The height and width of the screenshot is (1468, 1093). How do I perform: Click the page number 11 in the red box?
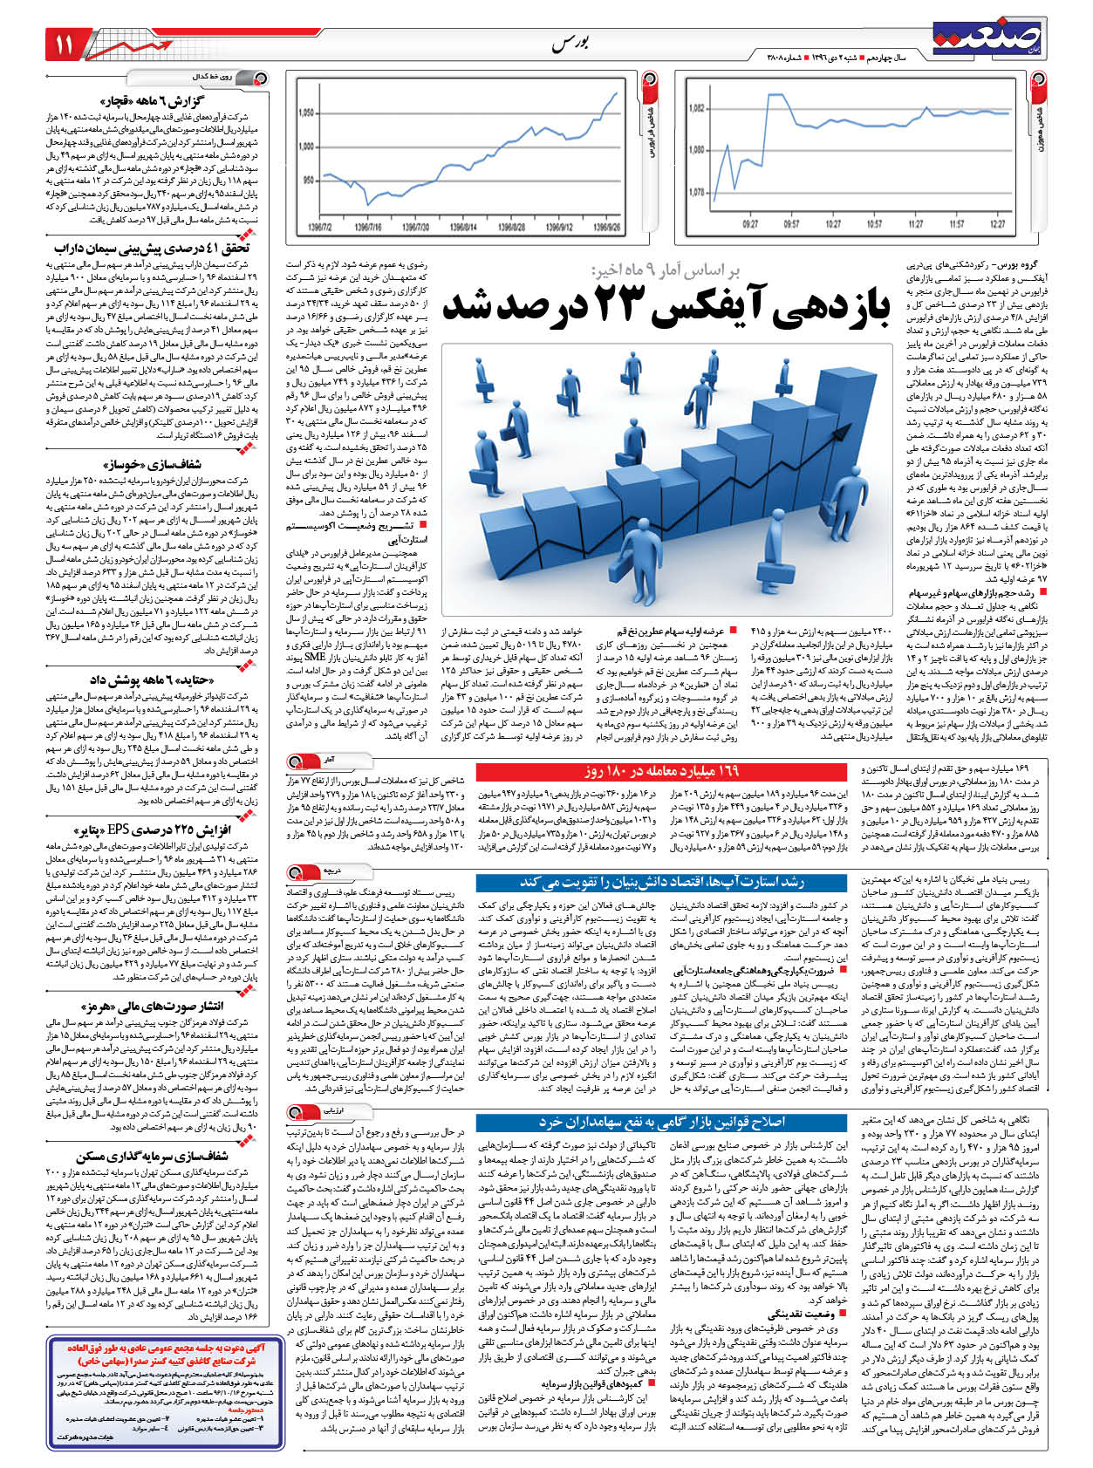(67, 44)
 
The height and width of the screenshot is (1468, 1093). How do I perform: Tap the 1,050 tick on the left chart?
(306, 113)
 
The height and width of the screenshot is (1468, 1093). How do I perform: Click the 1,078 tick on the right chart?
(697, 192)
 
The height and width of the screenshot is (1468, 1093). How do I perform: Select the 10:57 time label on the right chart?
(874, 225)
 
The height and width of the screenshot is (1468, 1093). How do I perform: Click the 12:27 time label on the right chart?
(998, 225)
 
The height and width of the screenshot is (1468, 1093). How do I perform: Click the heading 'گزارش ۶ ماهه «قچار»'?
(157, 101)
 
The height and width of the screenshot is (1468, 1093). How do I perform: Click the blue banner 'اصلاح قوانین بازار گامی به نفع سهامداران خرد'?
(662, 1122)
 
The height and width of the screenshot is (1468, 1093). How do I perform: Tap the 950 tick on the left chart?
(308, 181)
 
